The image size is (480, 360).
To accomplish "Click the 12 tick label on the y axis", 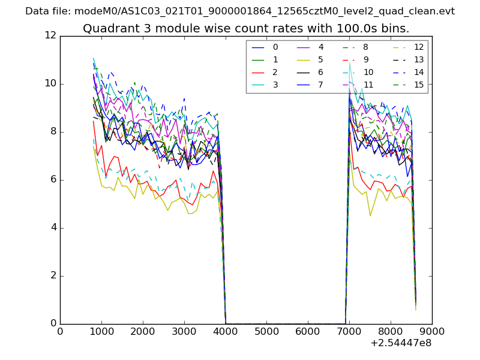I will click(50, 35).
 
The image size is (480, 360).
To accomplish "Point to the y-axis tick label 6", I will click(53, 179).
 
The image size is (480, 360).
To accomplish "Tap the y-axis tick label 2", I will click(53, 275).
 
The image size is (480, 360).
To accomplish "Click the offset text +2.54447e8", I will click(401, 343).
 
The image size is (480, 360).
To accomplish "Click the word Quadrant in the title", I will click(108, 29).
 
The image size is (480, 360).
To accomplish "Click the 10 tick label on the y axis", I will click(50, 83).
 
